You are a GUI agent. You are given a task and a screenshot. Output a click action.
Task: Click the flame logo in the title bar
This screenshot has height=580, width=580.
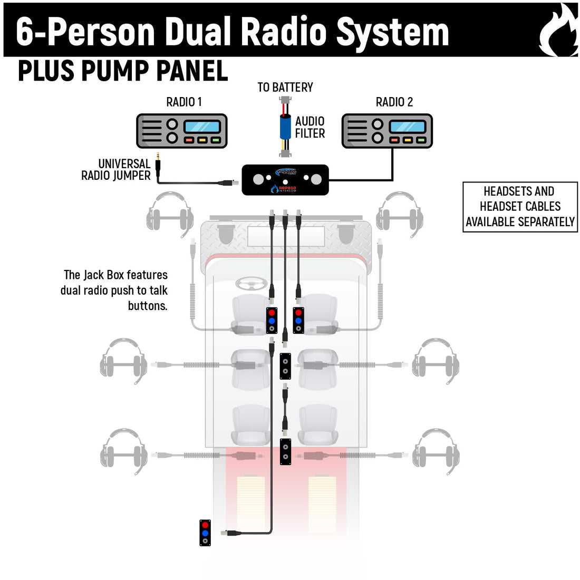tap(558, 32)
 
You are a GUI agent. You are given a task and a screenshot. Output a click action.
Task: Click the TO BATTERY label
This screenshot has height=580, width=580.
tap(285, 88)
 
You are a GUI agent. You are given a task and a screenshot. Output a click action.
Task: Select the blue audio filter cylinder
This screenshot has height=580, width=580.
tap(285, 127)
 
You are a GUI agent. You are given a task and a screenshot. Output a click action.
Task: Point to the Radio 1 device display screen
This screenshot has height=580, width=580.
tap(202, 127)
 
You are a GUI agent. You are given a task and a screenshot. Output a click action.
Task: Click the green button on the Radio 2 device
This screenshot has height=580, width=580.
tap(420, 140)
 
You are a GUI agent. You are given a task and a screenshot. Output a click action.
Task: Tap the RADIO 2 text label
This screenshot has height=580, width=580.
tap(394, 102)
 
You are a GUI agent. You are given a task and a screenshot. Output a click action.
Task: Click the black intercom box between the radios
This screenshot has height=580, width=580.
tap(285, 180)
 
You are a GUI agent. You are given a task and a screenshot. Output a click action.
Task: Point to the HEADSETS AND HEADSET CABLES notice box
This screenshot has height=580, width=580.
tap(520, 207)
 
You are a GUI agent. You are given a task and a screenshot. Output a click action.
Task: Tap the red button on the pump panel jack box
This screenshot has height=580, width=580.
tap(205, 525)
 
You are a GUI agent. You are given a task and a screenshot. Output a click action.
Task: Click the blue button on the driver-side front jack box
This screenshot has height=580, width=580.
tap(272, 321)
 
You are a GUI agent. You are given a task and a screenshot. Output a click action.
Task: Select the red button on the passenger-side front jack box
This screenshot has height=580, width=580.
tap(298, 313)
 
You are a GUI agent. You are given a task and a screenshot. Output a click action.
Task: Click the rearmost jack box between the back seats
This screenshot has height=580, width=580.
tap(285, 451)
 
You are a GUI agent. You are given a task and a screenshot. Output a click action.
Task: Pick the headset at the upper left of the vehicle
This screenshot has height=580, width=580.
tap(170, 214)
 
